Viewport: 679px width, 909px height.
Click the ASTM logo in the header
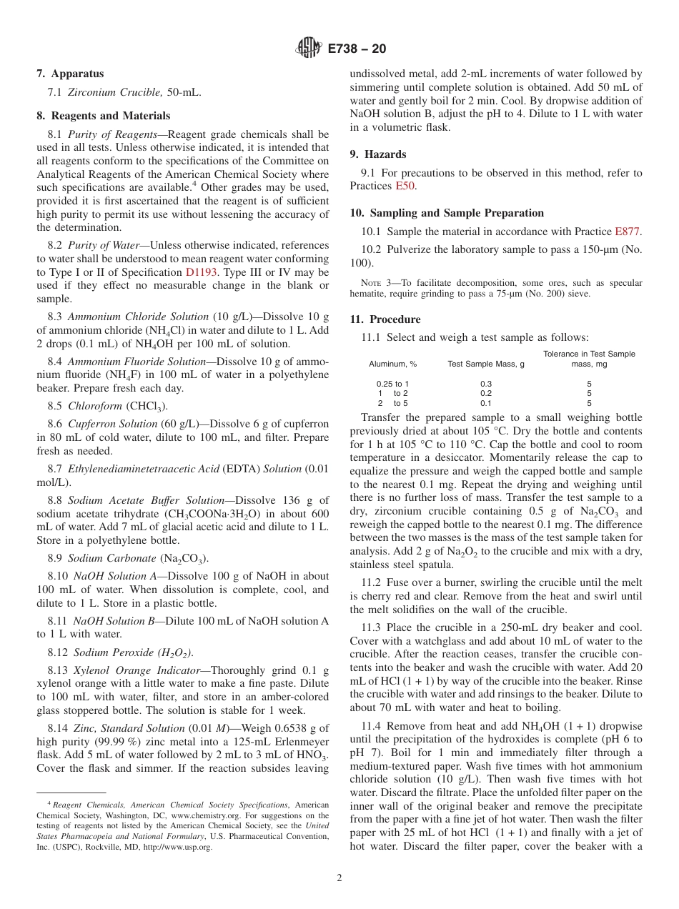click(308, 48)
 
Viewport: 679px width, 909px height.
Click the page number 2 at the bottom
click(339, 878)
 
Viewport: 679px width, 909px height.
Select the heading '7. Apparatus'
click(70, 74)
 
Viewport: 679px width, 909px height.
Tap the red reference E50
click(405, 186)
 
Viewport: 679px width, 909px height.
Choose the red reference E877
click(628, 232)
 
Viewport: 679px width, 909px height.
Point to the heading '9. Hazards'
click(377, 154)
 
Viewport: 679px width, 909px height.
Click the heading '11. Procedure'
click(385, 319)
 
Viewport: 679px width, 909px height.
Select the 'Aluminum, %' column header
click(392, 364)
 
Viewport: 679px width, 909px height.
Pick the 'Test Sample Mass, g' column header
click(485, 364)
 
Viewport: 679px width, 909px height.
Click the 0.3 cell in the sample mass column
click(486, 384)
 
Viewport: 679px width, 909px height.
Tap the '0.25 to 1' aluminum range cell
click(392, 384)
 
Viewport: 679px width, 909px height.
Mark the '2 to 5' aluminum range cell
click(392, 403)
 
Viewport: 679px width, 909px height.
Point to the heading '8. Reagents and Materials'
click(103, 116)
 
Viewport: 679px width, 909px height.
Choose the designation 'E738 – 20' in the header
click(357, 49)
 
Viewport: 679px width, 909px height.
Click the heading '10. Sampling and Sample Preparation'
click(447, 213)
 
